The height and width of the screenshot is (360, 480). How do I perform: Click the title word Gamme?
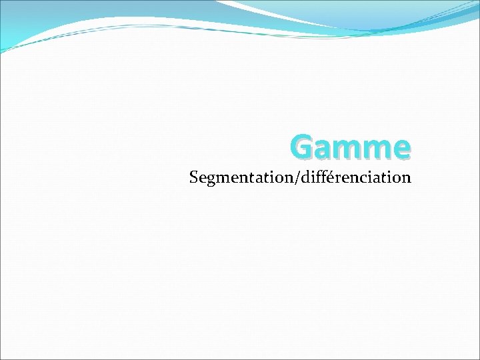coord(351,147)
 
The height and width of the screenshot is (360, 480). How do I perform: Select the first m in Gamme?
coord(349,149)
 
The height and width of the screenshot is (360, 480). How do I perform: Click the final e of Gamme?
coord(401,149)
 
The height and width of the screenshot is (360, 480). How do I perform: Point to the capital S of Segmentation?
coord(194,178)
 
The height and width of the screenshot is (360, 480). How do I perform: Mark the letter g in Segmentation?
coord(210,180)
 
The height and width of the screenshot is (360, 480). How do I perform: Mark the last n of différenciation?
coord(406,179)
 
